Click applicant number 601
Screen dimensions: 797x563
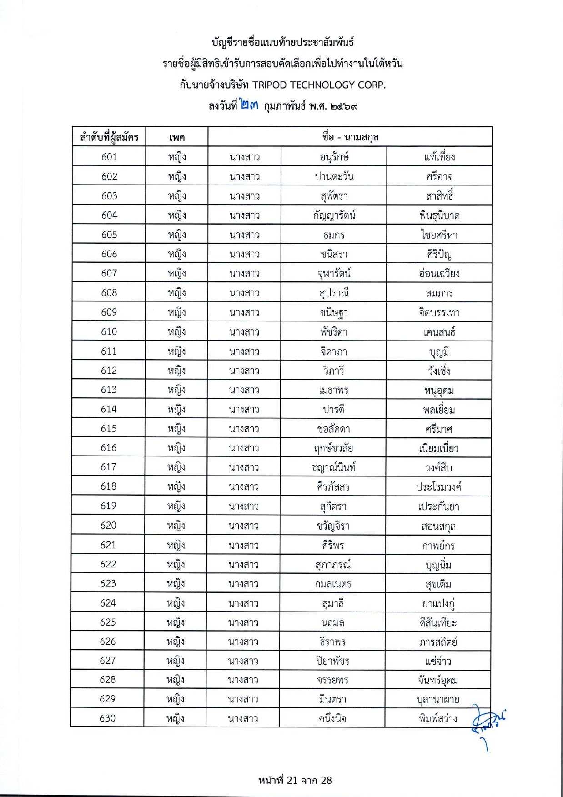coord(109,157)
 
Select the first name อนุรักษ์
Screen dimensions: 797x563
coord(334,157)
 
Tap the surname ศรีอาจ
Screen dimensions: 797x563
coord(439,176)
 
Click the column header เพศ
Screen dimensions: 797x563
coord(176,137)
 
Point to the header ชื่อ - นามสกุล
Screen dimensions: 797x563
coord(350,137)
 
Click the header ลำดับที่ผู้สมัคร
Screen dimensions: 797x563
coord(109,137)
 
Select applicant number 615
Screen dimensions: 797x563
coord(109,428)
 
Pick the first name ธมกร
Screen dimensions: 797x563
coord(334,235)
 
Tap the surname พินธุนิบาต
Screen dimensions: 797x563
coord(439,216)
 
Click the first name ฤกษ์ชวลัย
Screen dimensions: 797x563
coord(333,448)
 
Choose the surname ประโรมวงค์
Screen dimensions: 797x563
coord(438,487)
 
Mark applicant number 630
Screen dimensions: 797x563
coord(108,718)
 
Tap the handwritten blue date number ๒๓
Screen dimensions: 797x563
coord(250,106)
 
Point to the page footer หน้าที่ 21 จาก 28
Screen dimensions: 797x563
coord(295,780)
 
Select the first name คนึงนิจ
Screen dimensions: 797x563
coord(332,719)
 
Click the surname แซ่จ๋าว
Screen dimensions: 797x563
coord(438,661)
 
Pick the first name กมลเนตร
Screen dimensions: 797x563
coord(333,584)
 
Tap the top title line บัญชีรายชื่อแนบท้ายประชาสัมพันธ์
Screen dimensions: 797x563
coord(282,42)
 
